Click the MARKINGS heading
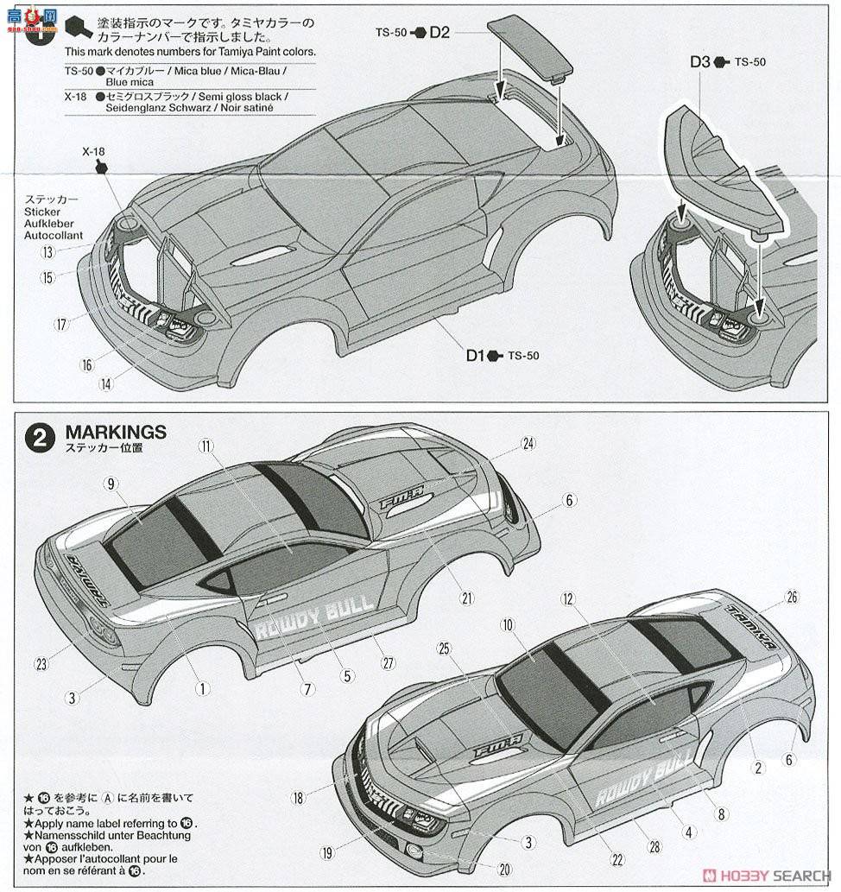coord(116,432)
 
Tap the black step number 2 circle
coord(40,438)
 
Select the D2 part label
coord(439,32)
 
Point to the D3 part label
coord(699,62)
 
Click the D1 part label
coord(476,355)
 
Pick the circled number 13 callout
coord(47,252)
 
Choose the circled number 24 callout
coord(528,444)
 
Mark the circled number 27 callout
coord(388,663)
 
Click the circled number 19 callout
coord(326,853)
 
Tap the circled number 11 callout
coord(205,446)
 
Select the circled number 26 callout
coord(792,598)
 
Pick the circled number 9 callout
coord(111,484)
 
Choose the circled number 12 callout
coord(567,598)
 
